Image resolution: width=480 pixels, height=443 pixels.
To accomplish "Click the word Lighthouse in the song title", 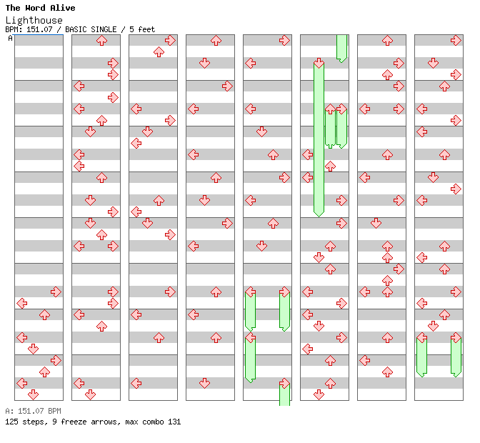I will click(34, 20).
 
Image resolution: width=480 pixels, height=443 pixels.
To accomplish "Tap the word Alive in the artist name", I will click(63, 8).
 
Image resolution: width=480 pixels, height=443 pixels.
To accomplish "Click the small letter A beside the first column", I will click(11, 39).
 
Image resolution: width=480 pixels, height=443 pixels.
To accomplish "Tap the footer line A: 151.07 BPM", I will click(33, 411).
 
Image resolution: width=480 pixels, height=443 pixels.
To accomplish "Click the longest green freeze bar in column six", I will click(319, 139).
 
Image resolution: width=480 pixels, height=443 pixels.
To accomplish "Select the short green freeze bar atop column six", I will click(341, 47).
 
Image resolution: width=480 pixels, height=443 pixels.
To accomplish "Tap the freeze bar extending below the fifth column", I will click(284, 394).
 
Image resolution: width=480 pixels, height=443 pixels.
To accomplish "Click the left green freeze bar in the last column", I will click(421, 356).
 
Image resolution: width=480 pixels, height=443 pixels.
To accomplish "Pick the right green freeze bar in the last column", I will click(456, 356).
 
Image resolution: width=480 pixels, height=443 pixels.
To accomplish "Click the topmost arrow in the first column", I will click(56, 292).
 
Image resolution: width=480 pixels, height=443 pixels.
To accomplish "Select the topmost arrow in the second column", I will click(101, 41).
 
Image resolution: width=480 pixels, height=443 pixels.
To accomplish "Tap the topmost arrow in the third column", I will click(170, 41).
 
